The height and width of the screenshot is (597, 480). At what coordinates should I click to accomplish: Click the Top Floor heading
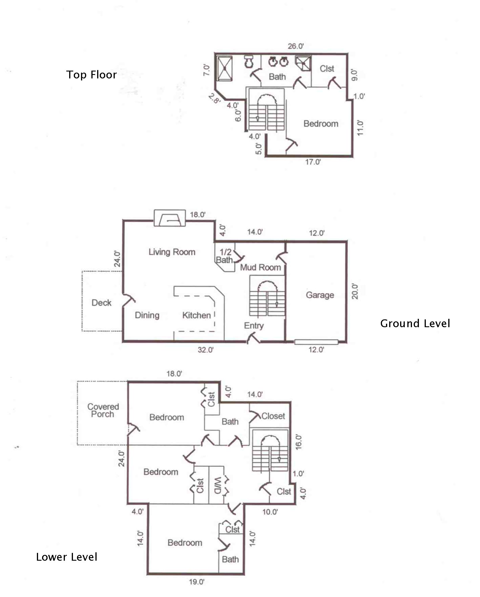(91, 75)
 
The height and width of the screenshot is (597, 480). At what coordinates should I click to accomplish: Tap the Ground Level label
(415, 323)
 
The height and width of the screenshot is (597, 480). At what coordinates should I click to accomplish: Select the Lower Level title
(67, 557)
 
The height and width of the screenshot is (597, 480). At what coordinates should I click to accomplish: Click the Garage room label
(320, 295)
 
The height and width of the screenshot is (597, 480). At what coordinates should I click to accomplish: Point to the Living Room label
(172, 252)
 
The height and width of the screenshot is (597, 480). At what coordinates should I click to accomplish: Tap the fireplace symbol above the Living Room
(170, 218)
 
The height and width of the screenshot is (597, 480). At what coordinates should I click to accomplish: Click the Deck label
(101, 303)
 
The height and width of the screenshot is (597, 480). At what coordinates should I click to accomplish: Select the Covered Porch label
(103, 410)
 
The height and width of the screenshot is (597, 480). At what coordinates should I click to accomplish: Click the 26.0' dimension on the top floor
(296, 46)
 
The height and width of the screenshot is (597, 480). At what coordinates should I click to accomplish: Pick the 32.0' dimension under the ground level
(206, 350)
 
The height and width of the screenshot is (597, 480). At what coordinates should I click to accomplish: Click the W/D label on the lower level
(218, 485)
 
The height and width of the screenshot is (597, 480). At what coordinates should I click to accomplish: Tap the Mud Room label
(261, 268)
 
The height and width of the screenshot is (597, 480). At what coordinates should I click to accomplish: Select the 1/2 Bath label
(225, 256)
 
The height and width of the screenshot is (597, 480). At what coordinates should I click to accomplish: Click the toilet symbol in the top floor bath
(249, 61)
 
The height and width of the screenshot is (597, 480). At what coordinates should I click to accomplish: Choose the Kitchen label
(197, 315)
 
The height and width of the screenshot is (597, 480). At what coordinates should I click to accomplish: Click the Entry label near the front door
(254, 326)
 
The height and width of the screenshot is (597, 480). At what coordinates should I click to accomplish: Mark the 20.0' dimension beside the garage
(355, 291)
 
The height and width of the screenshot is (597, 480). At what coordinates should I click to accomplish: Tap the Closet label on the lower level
(273, 416)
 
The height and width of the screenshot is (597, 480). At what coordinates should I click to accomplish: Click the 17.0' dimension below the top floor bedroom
(313, 162)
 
